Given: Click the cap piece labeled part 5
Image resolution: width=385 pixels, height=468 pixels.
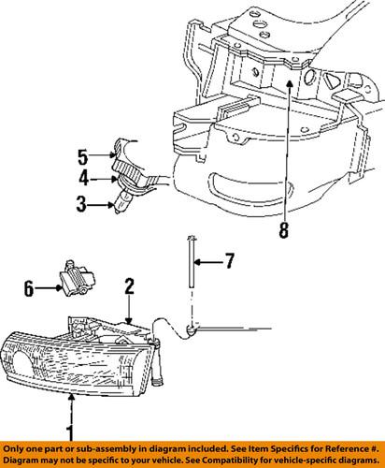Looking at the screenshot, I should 123,150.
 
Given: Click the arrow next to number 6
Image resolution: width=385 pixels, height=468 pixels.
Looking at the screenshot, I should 50,291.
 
